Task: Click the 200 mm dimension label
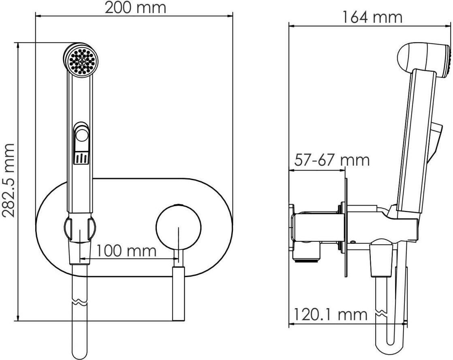[135, 8]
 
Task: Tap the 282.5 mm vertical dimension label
[8, 179]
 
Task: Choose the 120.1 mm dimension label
[331, 314]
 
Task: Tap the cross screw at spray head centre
[82, 61]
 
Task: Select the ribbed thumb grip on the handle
[82, 158]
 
